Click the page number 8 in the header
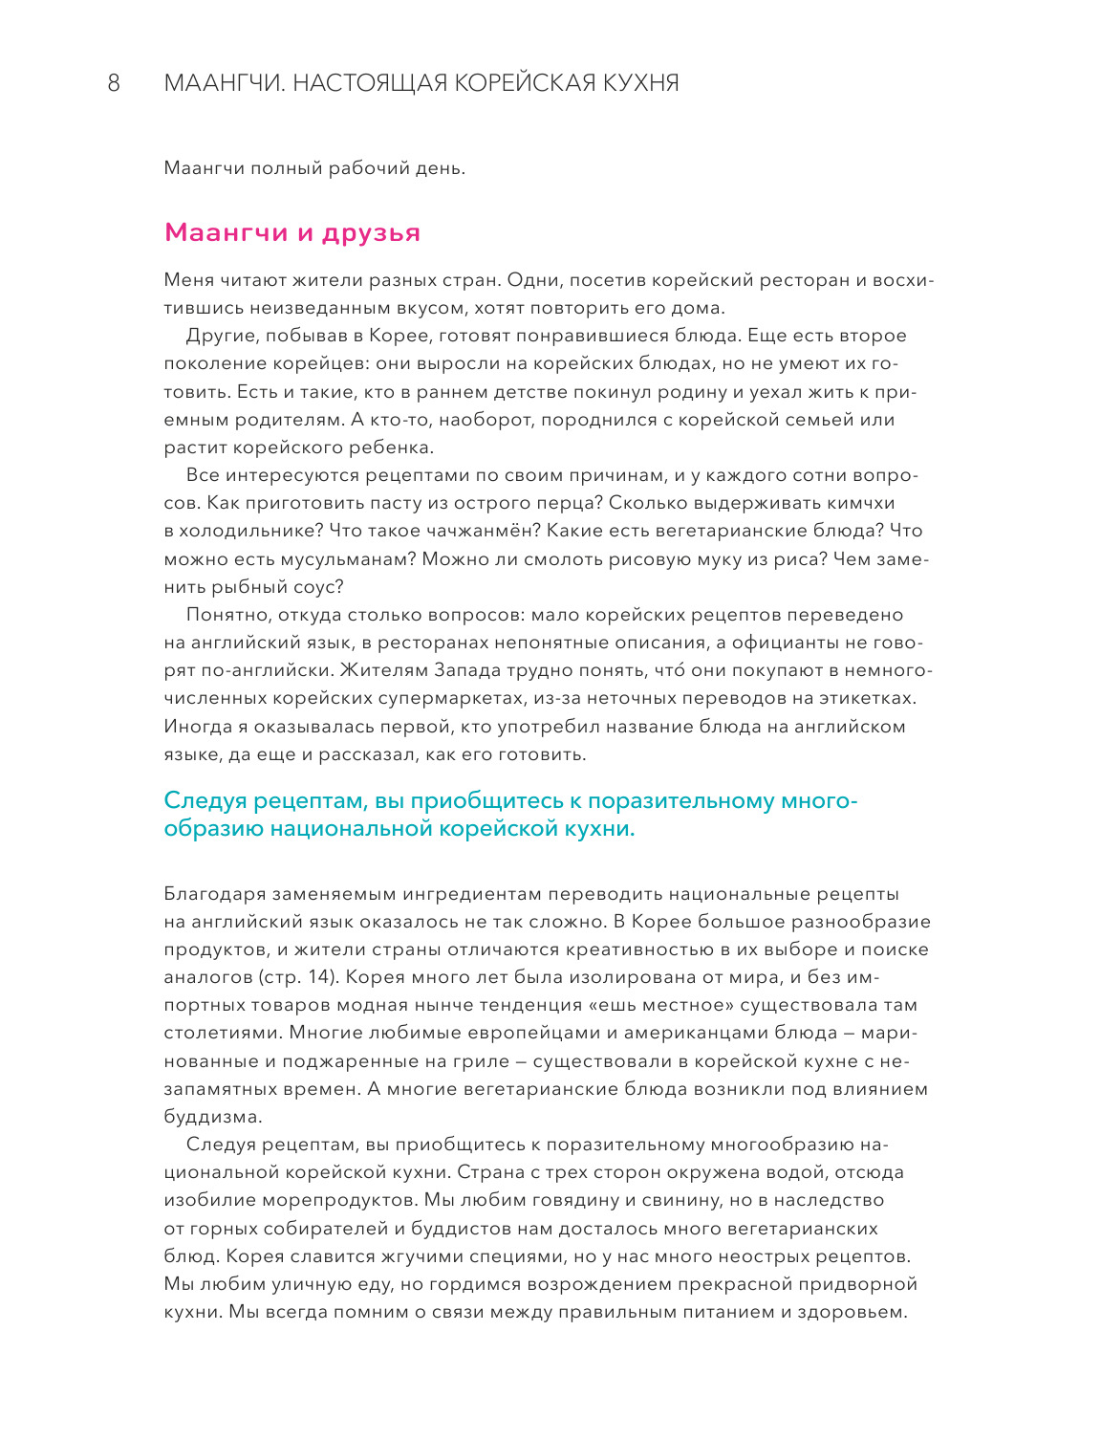click(x=114, y=83)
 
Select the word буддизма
click(x=212, y=1116)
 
